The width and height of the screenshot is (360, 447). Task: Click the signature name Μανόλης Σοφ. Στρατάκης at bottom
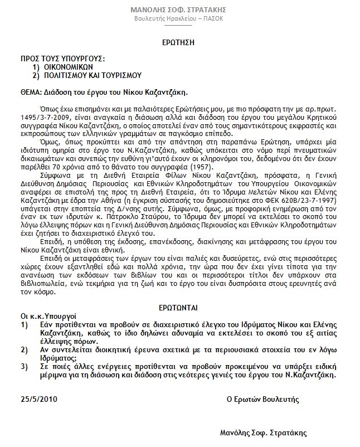pyautogui.click(x=264, y=432)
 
